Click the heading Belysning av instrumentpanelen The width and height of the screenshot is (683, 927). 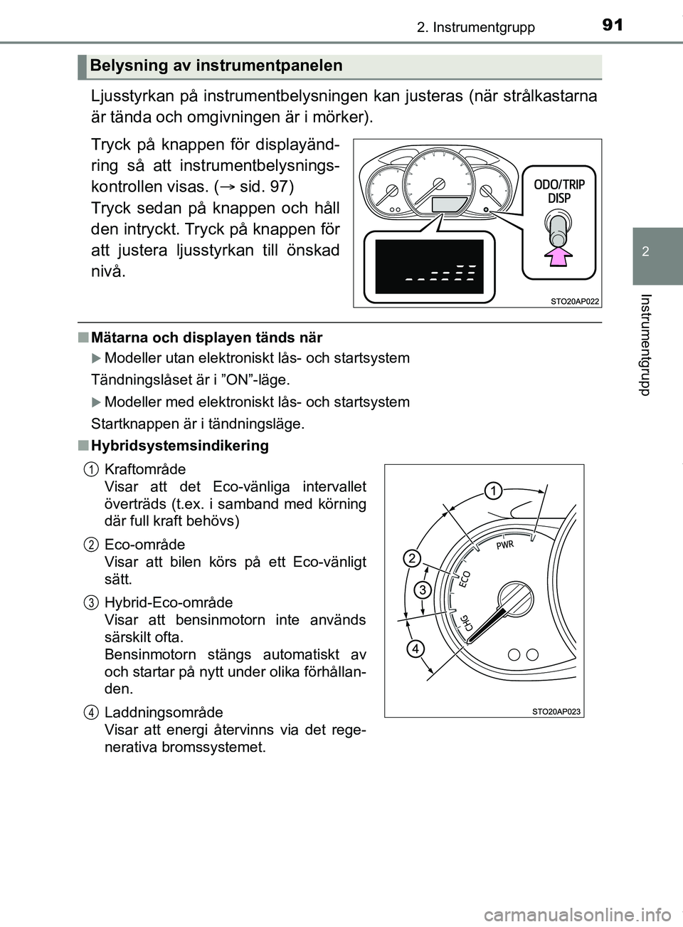coord(216,66)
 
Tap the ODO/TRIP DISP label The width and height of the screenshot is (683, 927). coord(558,191)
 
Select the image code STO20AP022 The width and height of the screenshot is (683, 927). coord(575,301)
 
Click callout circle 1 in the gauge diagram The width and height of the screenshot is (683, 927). coord(492,490)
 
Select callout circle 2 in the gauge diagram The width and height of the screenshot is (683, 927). coord(411,557)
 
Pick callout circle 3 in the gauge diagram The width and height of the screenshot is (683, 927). coord(422,590)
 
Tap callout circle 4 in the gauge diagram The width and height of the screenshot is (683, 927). coord(415,649)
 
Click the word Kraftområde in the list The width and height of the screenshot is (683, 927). coord(144,469)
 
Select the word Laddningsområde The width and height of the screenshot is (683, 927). coord(163,712)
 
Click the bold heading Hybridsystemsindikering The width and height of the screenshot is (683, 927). coord(186,446)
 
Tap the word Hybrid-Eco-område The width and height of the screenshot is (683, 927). coord(168,602)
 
